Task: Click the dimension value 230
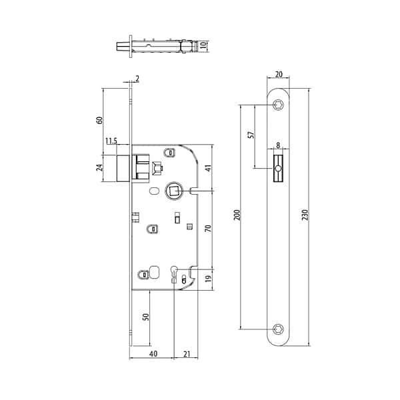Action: coord(305,215)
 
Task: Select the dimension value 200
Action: coord(237,215)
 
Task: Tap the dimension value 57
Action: coord(251,135)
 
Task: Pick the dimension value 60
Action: coord(100,120)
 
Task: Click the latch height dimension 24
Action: coord(100,167)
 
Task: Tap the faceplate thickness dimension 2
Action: coord(137,79)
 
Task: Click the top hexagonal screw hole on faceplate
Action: coord(278,105)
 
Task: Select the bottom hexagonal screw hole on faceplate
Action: coord(278,329)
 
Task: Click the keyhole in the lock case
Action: coord(174,274)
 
